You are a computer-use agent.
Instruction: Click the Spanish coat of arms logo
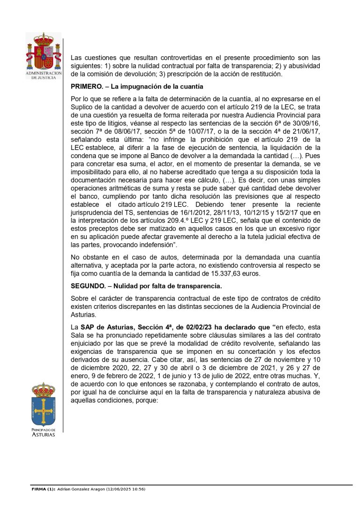point(43,52)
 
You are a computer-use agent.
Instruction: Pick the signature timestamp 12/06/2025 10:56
point(124,489)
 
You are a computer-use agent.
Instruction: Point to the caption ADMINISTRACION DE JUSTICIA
point(43,75)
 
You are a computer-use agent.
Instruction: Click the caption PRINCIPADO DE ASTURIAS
point(43,432)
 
